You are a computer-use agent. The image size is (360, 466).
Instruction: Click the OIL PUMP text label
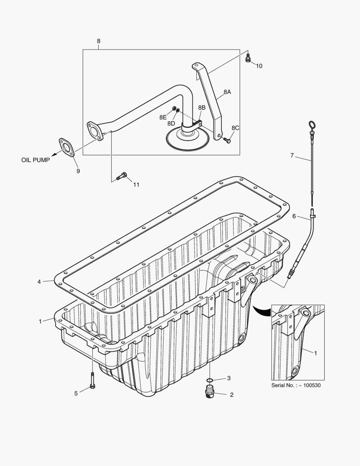coord(35,160)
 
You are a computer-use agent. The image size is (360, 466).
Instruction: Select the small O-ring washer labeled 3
coord(209,380)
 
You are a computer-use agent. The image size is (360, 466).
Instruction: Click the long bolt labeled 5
coord(93,380)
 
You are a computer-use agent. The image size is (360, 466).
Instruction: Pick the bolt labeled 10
coord(248,58)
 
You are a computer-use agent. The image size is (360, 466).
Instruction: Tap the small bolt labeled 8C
coord(228,140)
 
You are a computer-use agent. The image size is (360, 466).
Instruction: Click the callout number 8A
coord(227,92)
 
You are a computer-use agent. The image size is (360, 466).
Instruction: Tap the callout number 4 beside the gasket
coord(39,282)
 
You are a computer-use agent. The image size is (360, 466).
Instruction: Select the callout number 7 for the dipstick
coord(292,155)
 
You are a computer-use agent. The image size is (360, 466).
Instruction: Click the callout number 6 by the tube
coord(294,216)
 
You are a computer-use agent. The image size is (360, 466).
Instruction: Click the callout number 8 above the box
coord(98,41)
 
